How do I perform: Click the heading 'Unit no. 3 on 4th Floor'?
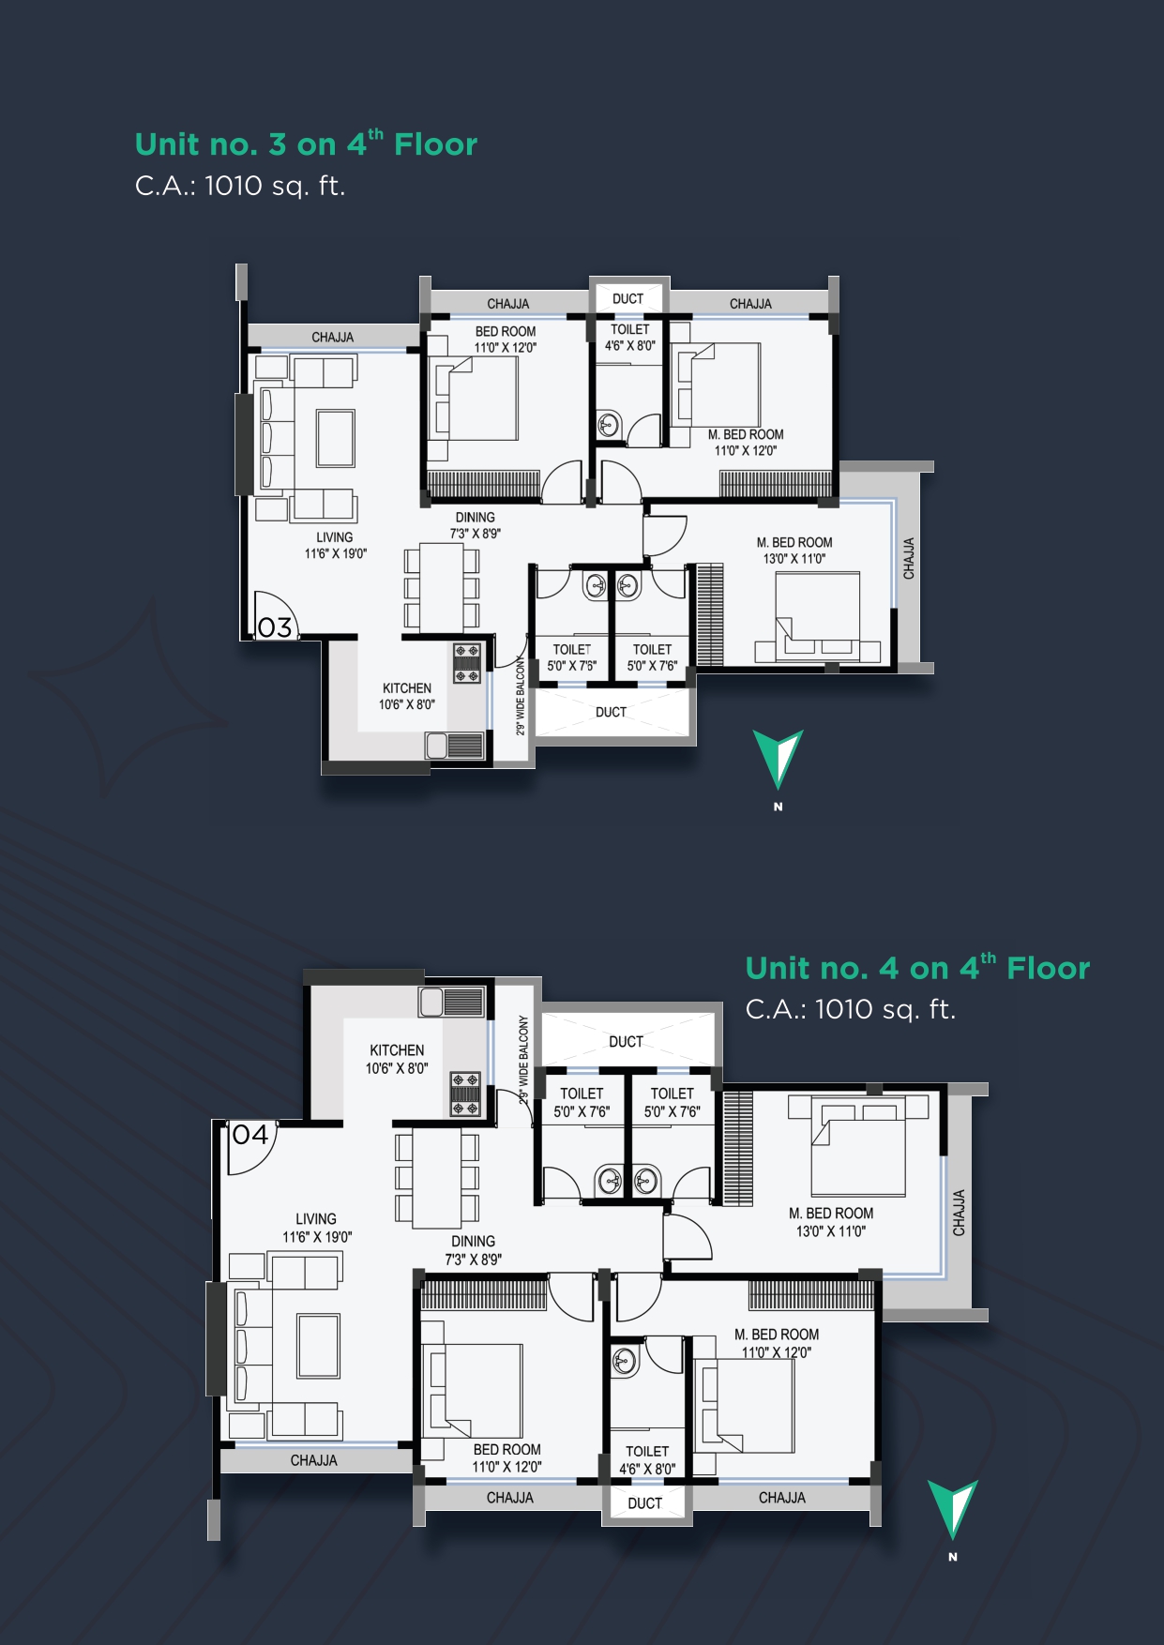pos(306,143)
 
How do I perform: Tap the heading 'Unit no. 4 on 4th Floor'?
pos(917,967)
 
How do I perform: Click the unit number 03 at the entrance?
pos(275,626)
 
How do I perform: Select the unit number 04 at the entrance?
pos(250,1135)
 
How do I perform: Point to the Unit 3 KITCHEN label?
pos(407,687)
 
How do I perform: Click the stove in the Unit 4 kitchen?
pos(465,1094)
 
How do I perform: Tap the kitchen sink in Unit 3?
pos(436,746)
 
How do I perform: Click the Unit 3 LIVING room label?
pos(335,537)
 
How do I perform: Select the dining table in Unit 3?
pos(441,589)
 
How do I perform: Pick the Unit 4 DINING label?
pos(474,1241)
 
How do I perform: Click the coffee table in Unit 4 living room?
pos(318,1346)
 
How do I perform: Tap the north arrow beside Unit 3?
pos(778,759)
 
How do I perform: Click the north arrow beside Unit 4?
pos(952,1509)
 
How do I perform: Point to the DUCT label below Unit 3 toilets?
pos(611,712)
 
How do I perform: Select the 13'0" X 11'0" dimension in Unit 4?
pos(831,1231)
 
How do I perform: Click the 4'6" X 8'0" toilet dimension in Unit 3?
pos(630,346)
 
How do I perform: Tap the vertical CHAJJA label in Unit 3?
pos(908,558)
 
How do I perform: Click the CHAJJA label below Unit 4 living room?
pos(314,1460)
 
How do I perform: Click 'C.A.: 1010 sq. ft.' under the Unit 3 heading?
pos(240,186)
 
